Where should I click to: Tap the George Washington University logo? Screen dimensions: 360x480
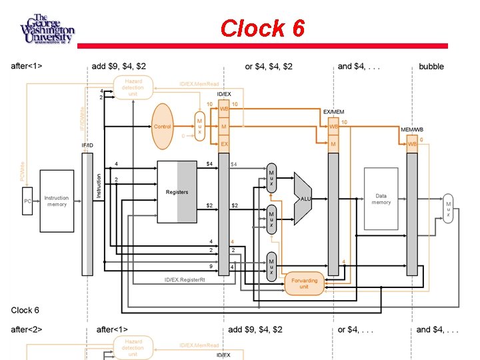tap(47, 29)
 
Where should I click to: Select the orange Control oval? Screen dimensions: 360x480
tap(163, 126)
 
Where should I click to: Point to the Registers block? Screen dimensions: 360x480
tap(177, 192)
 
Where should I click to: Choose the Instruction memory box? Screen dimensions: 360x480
tap(57, 201)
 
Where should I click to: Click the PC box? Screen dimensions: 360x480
tap(28, 201)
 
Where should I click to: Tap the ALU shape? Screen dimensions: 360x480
tap(304, 198)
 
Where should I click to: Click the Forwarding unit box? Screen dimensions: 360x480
tap(304, 283)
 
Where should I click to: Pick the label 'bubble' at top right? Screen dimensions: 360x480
tap(431, 67)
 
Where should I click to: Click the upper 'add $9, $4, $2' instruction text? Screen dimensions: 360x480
tap(119, 67)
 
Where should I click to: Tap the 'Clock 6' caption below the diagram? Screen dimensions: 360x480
tap(25, 310)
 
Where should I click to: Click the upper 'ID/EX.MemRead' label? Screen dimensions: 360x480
tap(199, 84)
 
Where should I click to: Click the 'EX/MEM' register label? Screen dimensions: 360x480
tap(333, 111)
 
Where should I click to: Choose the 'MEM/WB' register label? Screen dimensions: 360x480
tap(411, 128)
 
